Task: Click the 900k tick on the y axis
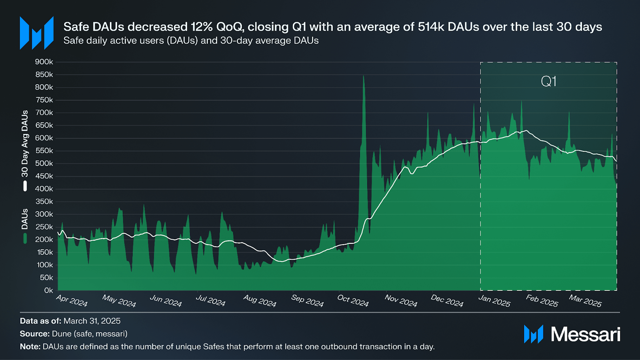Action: coord(44,62)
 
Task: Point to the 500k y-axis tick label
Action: coord(44,164)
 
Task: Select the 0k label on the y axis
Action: coord(48,290)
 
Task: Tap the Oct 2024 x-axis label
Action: coord(353,300)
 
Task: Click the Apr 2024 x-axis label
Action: coord(72,300)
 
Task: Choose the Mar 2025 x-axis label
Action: coord(585,300)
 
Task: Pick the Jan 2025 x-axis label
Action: coord(494,300)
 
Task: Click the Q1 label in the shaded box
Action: coord(549,81)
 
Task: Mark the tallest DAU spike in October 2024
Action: coord(363,76)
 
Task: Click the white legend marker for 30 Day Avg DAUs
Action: coord(25,186)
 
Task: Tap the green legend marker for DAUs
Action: coord(25,239)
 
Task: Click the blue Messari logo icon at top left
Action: coord(37,33)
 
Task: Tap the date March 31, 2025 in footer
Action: coord(92,321)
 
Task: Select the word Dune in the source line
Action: coord(62,334)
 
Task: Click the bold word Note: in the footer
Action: coord(30,347)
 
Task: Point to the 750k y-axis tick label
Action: coord(44,100)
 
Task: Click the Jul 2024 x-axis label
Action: coord(211,300)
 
